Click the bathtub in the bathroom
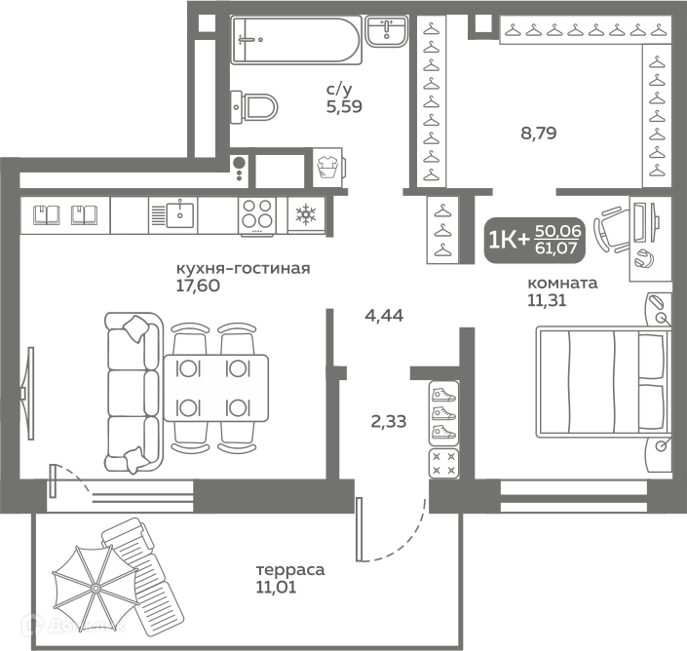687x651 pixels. pos(296,40)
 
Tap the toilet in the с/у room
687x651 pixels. pos(254,107)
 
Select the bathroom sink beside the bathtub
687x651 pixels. pos(387,31)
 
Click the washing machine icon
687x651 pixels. pos(327,167)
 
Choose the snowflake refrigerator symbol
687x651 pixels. pos(306,214)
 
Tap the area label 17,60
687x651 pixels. pos(198,286)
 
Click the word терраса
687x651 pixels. pos(290,570)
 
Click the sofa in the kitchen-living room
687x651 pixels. pos(134,393)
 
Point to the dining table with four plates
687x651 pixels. pos(216,388)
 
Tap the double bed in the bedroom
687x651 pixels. pos(603,382)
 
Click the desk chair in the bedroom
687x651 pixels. pos(611,229)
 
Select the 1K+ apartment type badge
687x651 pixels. pos(535,240)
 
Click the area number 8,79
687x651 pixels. pos(539,133)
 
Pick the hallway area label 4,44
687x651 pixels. pos(384,315)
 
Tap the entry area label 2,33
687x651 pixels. pos(389,421)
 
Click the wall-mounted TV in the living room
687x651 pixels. pos(28,393)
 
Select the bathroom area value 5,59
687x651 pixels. pos(344,106)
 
